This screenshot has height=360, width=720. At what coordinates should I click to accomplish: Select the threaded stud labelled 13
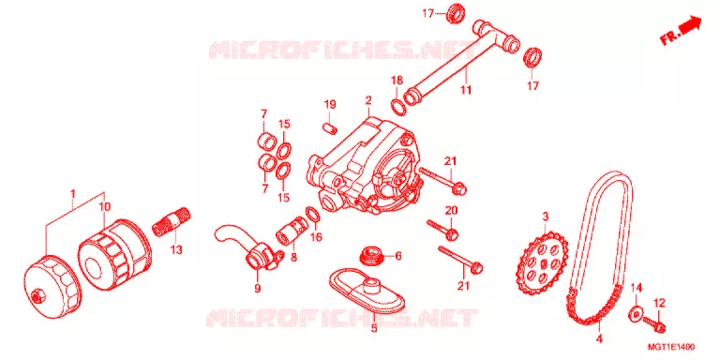click(x=172, y=222)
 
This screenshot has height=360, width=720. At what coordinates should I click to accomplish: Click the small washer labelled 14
click(x=636, y=314)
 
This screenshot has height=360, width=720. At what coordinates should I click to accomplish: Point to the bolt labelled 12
click(x=654, y=324)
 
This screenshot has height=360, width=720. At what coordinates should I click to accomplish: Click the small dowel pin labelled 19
click(x=331, y=127)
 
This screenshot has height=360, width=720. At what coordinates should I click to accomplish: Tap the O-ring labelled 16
click(x=312, y=214)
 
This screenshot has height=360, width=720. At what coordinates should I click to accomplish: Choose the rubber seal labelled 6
click(x=371, y=255)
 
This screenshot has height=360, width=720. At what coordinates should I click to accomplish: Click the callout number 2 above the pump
click(x=368, y=99)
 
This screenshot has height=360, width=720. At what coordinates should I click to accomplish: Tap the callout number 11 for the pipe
click(x=466, y=91)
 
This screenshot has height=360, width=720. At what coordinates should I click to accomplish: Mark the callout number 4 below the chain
click(x=599, y=339)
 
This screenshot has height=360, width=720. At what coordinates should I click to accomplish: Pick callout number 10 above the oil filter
click(x=105, y=205)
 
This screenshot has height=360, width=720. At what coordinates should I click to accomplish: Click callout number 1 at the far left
click(x=72, y=194)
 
